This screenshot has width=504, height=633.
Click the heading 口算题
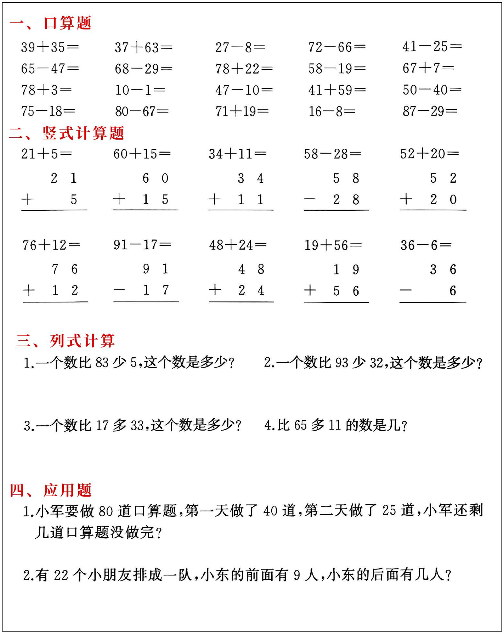(x=67, y=23)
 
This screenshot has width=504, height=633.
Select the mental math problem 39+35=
(x=50, y=48)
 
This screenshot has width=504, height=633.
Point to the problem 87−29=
(x=430, y=111)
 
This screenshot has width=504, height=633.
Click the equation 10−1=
(x=140, y=90)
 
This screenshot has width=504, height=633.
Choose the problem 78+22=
(x=244, y=69)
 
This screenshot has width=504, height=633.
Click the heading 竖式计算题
(x=83, y=133)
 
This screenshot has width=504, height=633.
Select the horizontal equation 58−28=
(x=332, y=154)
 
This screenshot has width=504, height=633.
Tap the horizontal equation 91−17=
(x=142, y=245)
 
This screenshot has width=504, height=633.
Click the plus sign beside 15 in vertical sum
(x=119, y=199)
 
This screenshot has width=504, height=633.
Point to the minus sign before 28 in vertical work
(x=310, y=200)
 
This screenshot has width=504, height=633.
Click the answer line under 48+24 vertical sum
(x=241, y=302)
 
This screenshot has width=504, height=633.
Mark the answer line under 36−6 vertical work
(x=432, y=302)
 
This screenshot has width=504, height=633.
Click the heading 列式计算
(x=82, y=341)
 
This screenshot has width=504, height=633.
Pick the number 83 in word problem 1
(x=102, y=363)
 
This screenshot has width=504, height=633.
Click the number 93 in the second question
(x=342, y=363)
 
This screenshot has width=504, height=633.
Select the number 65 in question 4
(x=300, y=425)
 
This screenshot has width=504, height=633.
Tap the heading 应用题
(x=67, y=490)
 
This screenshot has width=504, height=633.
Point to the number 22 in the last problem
(x=61, y=575)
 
